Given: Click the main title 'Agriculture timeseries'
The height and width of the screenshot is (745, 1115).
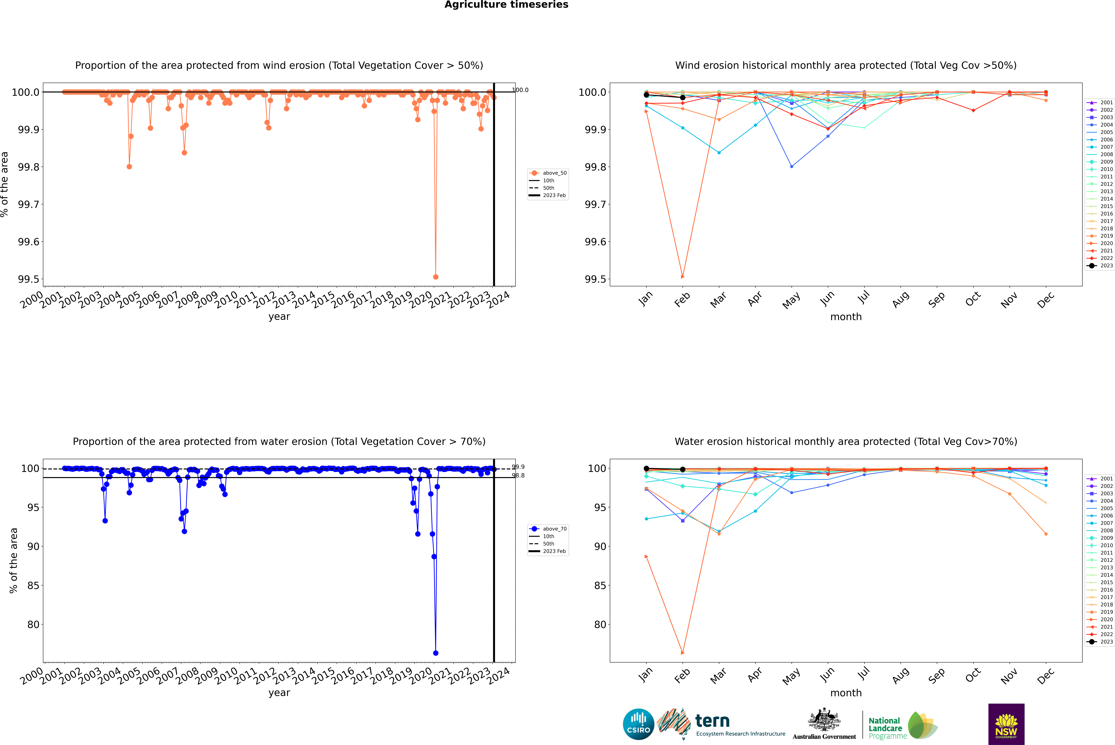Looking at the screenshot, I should coord(506,5).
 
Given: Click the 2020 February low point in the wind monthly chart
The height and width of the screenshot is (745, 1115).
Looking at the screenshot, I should coord(682,277).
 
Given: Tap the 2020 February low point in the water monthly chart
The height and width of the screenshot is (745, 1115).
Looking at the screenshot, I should coord(682,653).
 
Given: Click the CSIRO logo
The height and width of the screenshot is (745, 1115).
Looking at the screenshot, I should coord(638,724).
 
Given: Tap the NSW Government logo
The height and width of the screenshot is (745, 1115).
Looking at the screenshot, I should coord(1006,724).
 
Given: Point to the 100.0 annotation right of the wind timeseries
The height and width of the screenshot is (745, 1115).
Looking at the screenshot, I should coord(520,90).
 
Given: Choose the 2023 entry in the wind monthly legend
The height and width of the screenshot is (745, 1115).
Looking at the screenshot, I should coord(1106,266).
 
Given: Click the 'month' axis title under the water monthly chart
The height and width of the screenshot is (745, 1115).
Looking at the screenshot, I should coord(845,693).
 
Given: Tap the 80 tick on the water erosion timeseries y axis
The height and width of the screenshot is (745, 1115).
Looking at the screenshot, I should coord(33,624).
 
